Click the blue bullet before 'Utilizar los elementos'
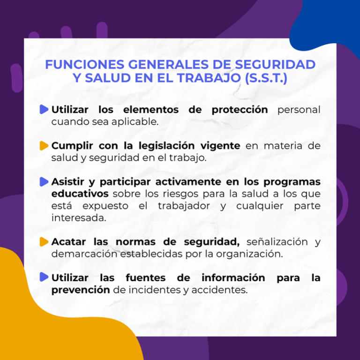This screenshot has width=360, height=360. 44,110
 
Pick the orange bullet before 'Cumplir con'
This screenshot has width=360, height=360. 44,145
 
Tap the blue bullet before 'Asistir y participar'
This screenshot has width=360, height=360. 44,181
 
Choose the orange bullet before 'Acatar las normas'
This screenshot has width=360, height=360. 44,242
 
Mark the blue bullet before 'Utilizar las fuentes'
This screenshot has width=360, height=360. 44,277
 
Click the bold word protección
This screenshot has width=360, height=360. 240,110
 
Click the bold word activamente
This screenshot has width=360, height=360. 179,181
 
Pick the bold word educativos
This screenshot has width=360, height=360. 80,194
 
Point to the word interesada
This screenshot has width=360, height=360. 78,218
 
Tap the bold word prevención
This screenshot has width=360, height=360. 81,290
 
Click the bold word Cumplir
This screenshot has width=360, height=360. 71,146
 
